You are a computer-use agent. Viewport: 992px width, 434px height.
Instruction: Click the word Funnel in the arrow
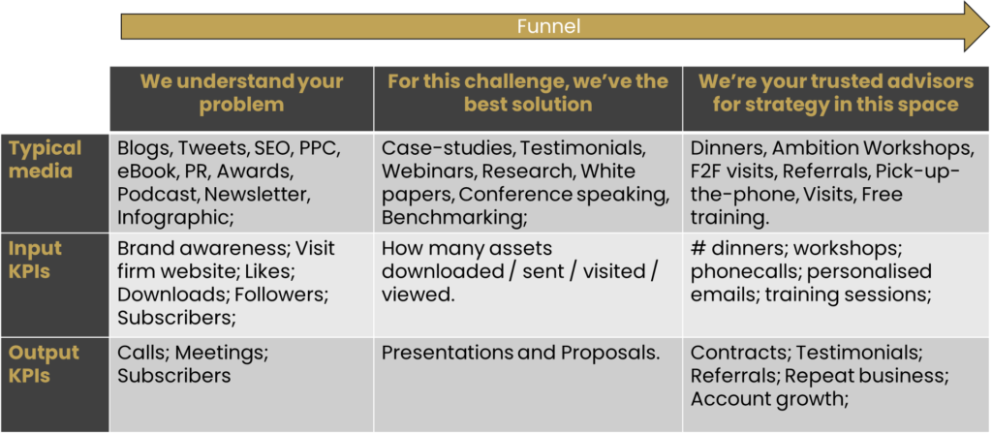[x=548, y=26]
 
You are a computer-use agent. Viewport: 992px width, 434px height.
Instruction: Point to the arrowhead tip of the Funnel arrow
[x=989, y=26]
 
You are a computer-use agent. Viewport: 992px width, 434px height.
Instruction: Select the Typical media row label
[x=45, y=160]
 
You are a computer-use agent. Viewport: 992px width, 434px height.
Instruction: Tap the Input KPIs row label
[x=36, y=259]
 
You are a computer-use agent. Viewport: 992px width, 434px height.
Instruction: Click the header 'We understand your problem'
[x=241, y=92]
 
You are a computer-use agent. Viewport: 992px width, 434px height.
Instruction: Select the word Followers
[x=280, y=294]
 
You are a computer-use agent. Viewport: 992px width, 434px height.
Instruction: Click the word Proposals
[x=606, y=353]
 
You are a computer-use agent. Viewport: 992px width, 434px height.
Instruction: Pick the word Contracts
[x=741, y=353]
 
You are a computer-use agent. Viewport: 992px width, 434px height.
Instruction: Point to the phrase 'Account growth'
[x=769, y=398]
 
